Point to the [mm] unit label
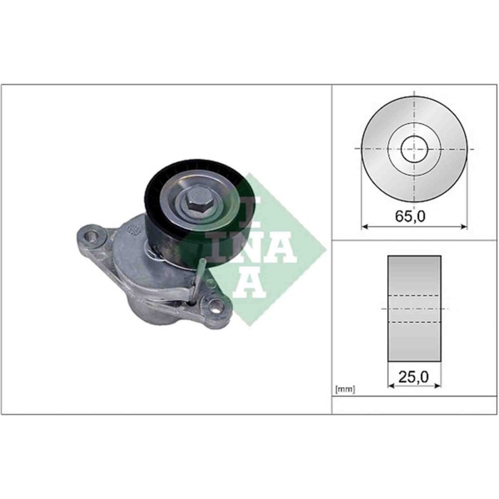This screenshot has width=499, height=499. point(344,389)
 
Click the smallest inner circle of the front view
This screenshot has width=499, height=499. point(413,149)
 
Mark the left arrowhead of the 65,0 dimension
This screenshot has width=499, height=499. point(365,227)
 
